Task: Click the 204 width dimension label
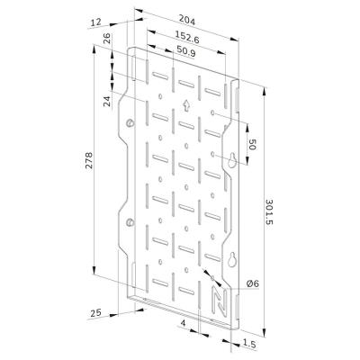pos(186,17)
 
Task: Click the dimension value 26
pos(107,40)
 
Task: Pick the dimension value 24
pos(106,100)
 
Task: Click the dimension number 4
pos(183,320)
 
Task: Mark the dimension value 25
pos(97,312)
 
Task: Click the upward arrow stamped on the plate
pos(186,103)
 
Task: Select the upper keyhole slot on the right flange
pos(231,161)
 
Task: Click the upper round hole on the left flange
pos(131,122)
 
